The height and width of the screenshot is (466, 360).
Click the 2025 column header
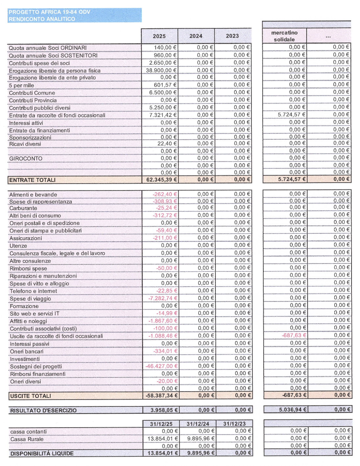(159, 36)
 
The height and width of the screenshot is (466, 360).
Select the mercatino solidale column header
(284, 36)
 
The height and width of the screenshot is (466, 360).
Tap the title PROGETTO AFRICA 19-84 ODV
(49, 12)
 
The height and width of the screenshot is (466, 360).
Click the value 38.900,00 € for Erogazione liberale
(161, 70)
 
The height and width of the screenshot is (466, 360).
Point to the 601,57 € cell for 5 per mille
(164, 85)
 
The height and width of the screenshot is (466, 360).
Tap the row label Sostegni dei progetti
(36, 366)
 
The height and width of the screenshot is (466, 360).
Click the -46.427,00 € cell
(161, 366)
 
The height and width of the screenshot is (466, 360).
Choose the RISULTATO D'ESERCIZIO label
(43, 410)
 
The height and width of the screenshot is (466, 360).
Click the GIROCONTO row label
(26, 158)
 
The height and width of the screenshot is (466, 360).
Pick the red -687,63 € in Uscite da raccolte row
(294, 336)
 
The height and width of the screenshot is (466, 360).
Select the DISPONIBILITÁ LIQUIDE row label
(42, 454)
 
